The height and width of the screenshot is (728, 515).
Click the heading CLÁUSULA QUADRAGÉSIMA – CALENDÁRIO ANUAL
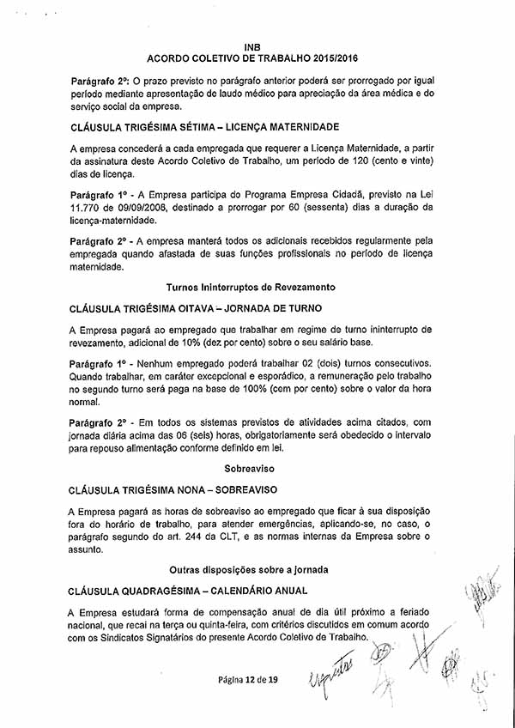[189, 591]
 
